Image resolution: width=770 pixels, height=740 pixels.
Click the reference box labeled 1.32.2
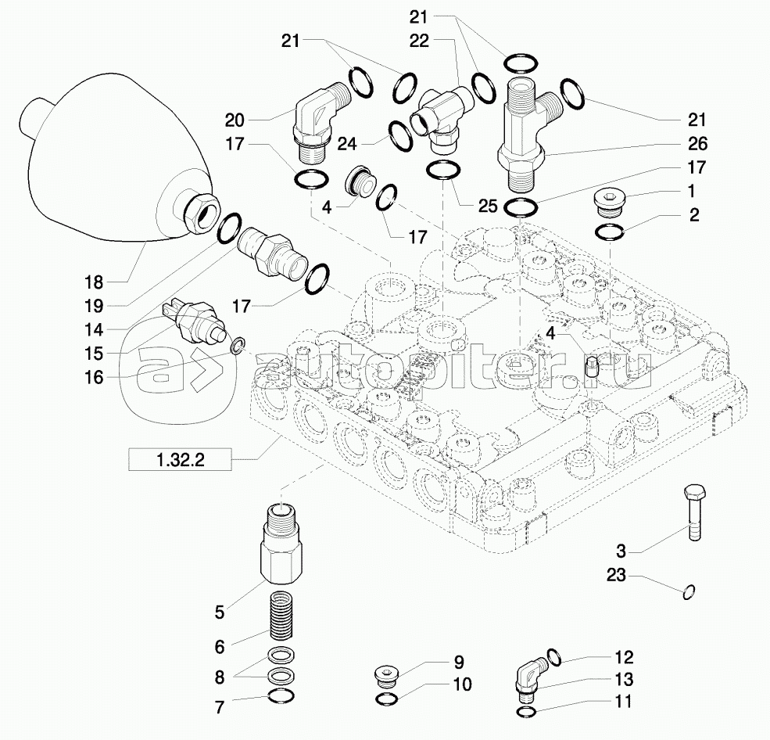[180, 460]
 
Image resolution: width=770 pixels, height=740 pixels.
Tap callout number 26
[697, 143]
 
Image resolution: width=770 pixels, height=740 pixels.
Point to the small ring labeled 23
[689, 592]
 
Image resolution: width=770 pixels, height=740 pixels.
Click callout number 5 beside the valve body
[219, 612]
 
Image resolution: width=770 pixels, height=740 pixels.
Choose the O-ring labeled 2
[609, 232]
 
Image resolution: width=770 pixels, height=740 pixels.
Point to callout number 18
[94, 282]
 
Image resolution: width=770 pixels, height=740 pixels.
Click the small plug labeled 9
[385, 674]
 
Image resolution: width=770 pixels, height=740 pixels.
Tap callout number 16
[94, 377]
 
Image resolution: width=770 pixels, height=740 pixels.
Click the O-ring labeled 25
[444, 171]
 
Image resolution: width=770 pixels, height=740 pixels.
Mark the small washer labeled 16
[238, 346]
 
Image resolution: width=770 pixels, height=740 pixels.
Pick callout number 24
[347, 144]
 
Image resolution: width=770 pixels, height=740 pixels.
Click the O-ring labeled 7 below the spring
[281, 695]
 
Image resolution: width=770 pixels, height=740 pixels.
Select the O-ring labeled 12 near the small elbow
[553, 656]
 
